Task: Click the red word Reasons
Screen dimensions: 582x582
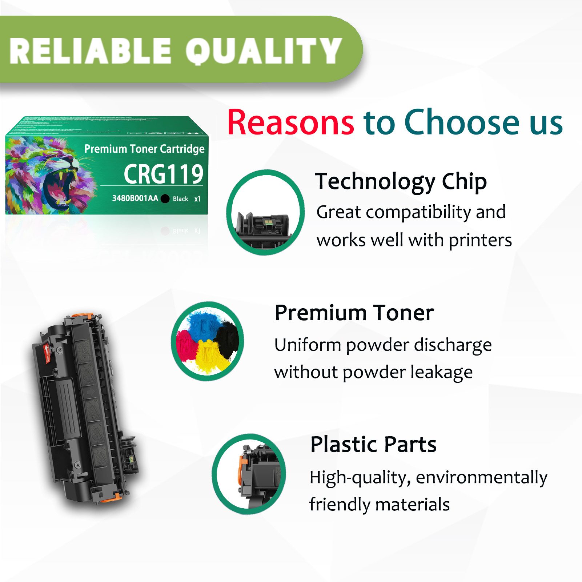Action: tap(290, 123)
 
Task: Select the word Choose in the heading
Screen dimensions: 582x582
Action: tap(462, 123)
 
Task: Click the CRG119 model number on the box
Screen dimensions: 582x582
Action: tap(163, 174)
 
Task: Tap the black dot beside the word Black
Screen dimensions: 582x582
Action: tap(165, 198)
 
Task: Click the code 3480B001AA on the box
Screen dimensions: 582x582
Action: tap(135, 198)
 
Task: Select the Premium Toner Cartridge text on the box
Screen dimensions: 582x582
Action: tap(144, 149)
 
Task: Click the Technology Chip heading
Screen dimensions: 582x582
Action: tap(401, 181)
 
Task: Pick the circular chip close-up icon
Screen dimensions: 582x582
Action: tap(265, 212)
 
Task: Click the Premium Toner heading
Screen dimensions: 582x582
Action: tap(354, 313)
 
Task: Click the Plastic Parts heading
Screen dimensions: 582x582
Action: tap(373, 444)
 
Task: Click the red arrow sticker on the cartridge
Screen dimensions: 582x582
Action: tap(47, 353)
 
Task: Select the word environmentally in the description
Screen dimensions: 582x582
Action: tap(481, 477)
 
